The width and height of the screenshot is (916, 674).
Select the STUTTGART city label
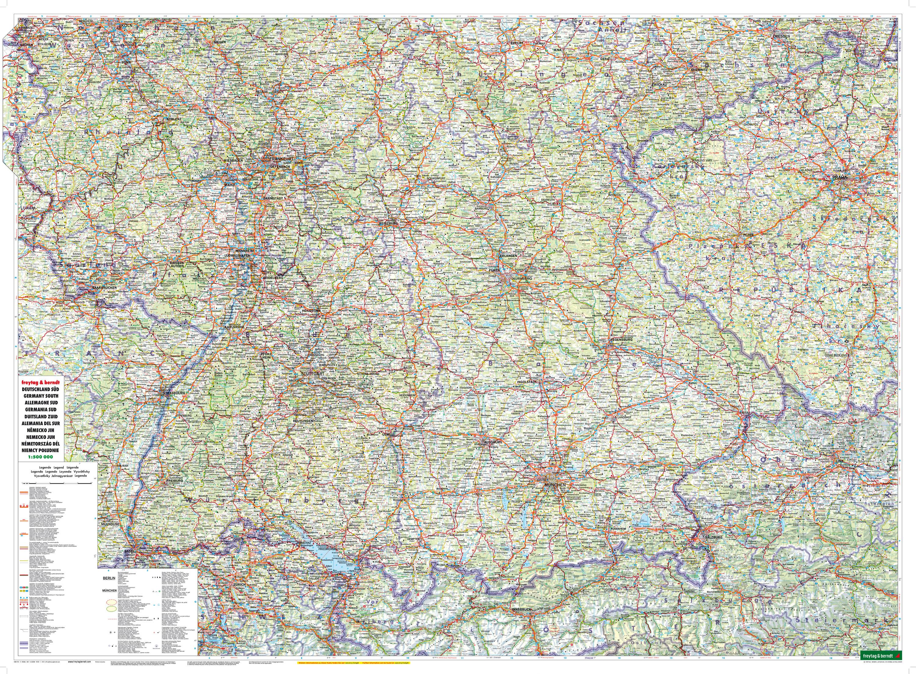(x=312, y=374)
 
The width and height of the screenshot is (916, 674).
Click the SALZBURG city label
(x=711, y=537)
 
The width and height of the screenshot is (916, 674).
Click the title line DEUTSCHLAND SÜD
(x=39, y=390)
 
